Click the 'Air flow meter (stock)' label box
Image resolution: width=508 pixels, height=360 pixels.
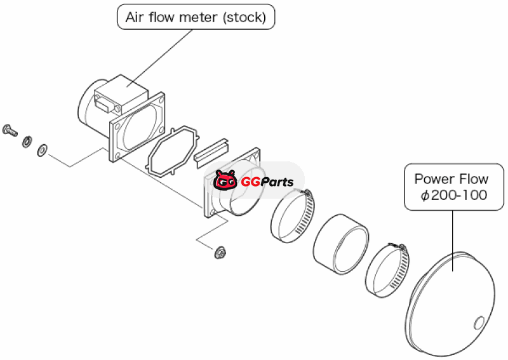196,17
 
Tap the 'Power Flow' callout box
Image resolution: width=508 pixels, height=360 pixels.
451,187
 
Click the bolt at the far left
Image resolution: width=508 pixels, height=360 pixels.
10,131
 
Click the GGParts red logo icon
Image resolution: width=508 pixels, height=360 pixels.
225,181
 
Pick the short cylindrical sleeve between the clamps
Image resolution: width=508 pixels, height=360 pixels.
342,241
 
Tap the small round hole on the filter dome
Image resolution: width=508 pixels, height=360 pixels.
479,323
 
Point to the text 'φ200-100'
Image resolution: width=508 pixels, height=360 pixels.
454,195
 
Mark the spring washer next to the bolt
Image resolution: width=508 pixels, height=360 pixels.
27,141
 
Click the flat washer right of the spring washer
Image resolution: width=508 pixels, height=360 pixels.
42,150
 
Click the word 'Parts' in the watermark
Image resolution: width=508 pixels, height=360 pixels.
275,182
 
